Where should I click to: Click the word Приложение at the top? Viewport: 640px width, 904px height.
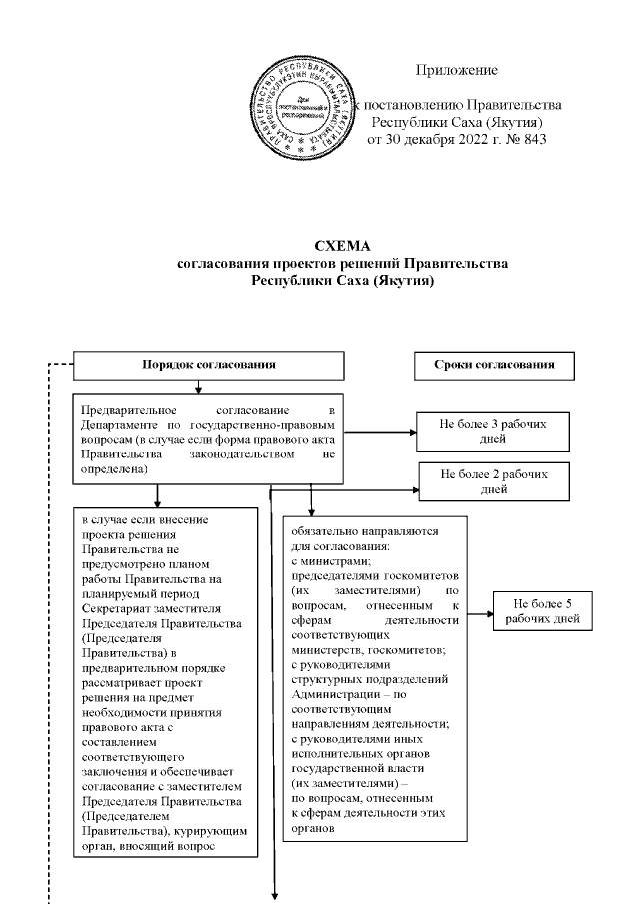coord(456,70)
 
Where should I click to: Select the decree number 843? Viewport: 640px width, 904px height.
coord(530,139)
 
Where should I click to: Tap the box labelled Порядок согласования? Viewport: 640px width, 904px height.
coord(209,366)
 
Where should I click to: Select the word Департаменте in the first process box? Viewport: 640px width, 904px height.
coord(125,425)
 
